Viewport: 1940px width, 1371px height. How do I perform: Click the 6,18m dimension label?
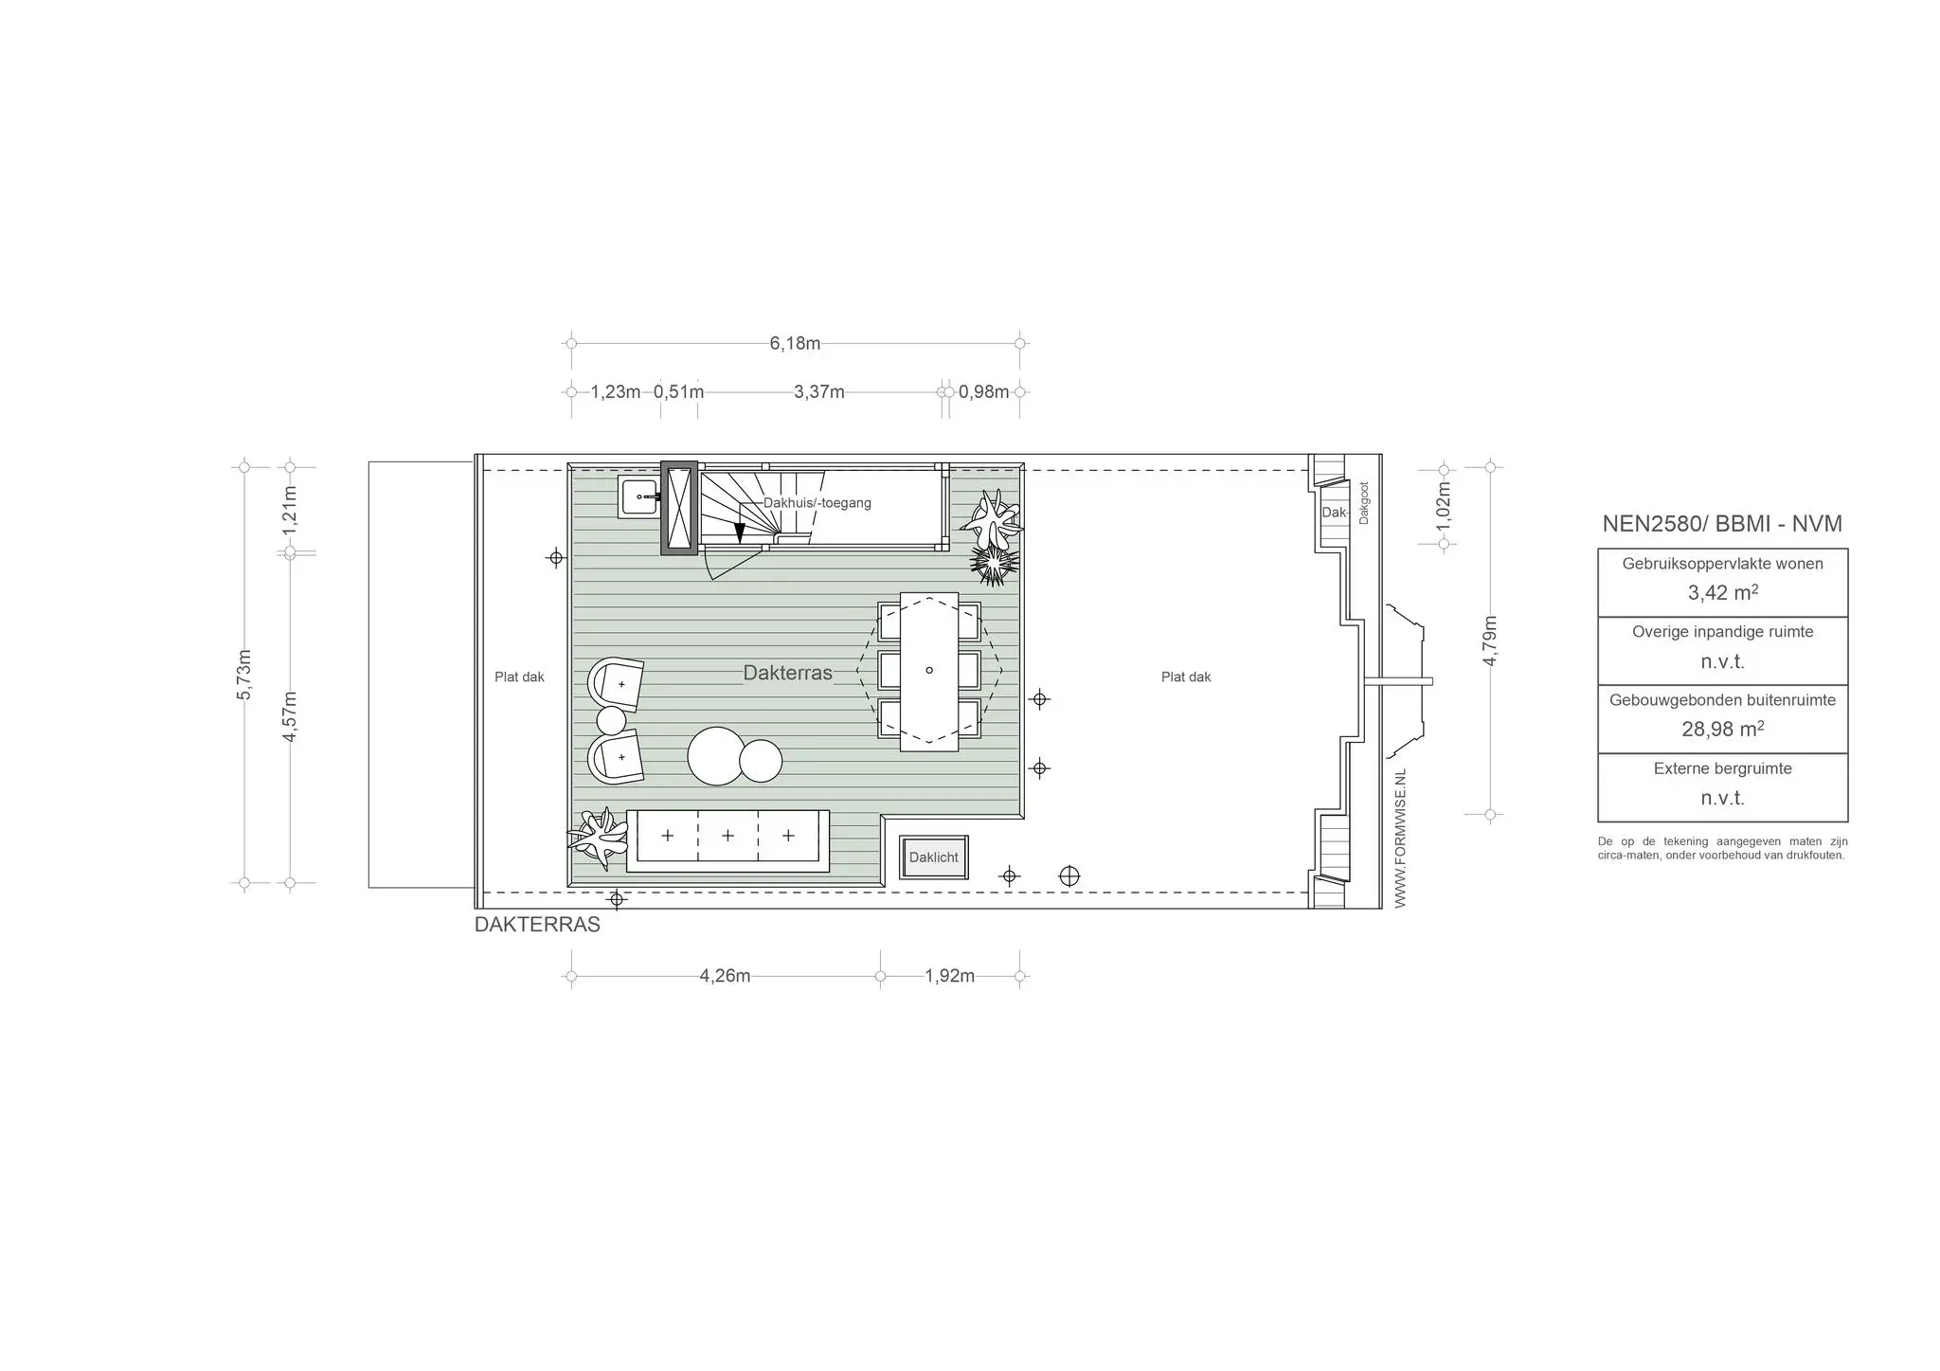[x=795, y=343]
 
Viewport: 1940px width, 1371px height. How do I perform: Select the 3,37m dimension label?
[x=819, y=392]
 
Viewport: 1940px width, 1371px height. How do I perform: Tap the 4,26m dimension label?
[x=725, y=976]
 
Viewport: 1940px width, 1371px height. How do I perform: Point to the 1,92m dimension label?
[x=950, y=976]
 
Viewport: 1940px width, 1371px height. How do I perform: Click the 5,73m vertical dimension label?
[x=244, y=675]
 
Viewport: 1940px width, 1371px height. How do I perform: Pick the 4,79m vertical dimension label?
[x=1490, y=641]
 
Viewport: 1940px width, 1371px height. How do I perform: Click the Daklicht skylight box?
[x=934, y=857]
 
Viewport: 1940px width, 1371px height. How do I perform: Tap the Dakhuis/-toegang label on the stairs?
[x=817, y=503]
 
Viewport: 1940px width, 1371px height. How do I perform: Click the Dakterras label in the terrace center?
[x=788, y=673]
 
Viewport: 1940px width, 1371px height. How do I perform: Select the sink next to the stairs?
[x=640, y=496]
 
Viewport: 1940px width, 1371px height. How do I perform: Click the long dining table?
[x=929, y=672]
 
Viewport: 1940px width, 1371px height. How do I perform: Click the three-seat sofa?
[x=727, y=841]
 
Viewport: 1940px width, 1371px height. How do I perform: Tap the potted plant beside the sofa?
[x=599, y=837]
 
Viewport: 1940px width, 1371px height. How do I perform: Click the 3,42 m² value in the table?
[x=1723, y=593]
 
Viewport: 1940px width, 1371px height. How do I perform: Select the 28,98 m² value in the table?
[x=1723, y=730]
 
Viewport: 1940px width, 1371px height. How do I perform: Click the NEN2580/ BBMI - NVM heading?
[x=1722, y=524]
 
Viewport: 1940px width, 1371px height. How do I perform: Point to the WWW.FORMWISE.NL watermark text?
[x=1401, y=839]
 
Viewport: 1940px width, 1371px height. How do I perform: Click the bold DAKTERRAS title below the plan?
[x=537, y=925]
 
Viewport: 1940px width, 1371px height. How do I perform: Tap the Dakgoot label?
[x=1364, y=503]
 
